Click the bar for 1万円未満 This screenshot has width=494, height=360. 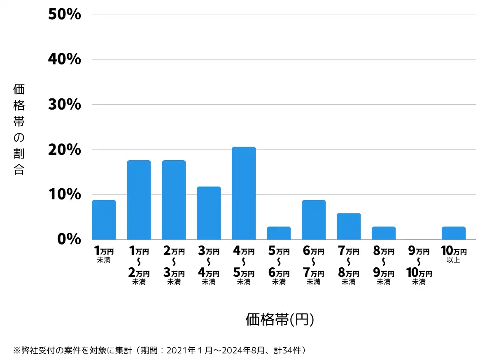(104, 220)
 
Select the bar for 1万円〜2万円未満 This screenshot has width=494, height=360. (139, 200)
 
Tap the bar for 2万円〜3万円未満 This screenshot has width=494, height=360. (174, 200)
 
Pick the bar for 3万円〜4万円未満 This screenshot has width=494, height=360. (209, 213)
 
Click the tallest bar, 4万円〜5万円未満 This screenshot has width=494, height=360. (244, 193)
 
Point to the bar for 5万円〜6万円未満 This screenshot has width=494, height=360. (279, 233)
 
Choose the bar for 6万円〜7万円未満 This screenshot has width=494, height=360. (314, 220)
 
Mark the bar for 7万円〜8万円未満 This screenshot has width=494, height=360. (349, 226)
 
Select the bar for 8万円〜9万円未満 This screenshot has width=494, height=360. (384, 233)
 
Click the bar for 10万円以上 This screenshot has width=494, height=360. (454, 233)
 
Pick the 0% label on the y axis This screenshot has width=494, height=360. (70, 239)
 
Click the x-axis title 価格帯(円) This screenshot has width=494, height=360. (280, 319)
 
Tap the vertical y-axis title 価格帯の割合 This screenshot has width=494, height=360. (19, 129)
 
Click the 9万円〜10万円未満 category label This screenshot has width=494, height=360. (419, 266)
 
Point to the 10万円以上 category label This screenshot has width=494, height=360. (453, 255)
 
